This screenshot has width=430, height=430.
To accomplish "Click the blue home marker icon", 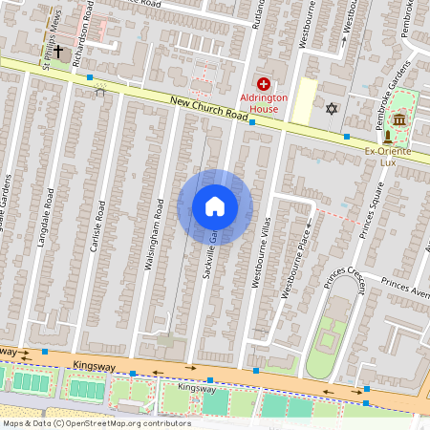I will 215,206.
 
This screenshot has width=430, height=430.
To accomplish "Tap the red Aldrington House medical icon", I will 263,85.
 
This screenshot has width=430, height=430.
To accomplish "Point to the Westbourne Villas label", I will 256,258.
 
